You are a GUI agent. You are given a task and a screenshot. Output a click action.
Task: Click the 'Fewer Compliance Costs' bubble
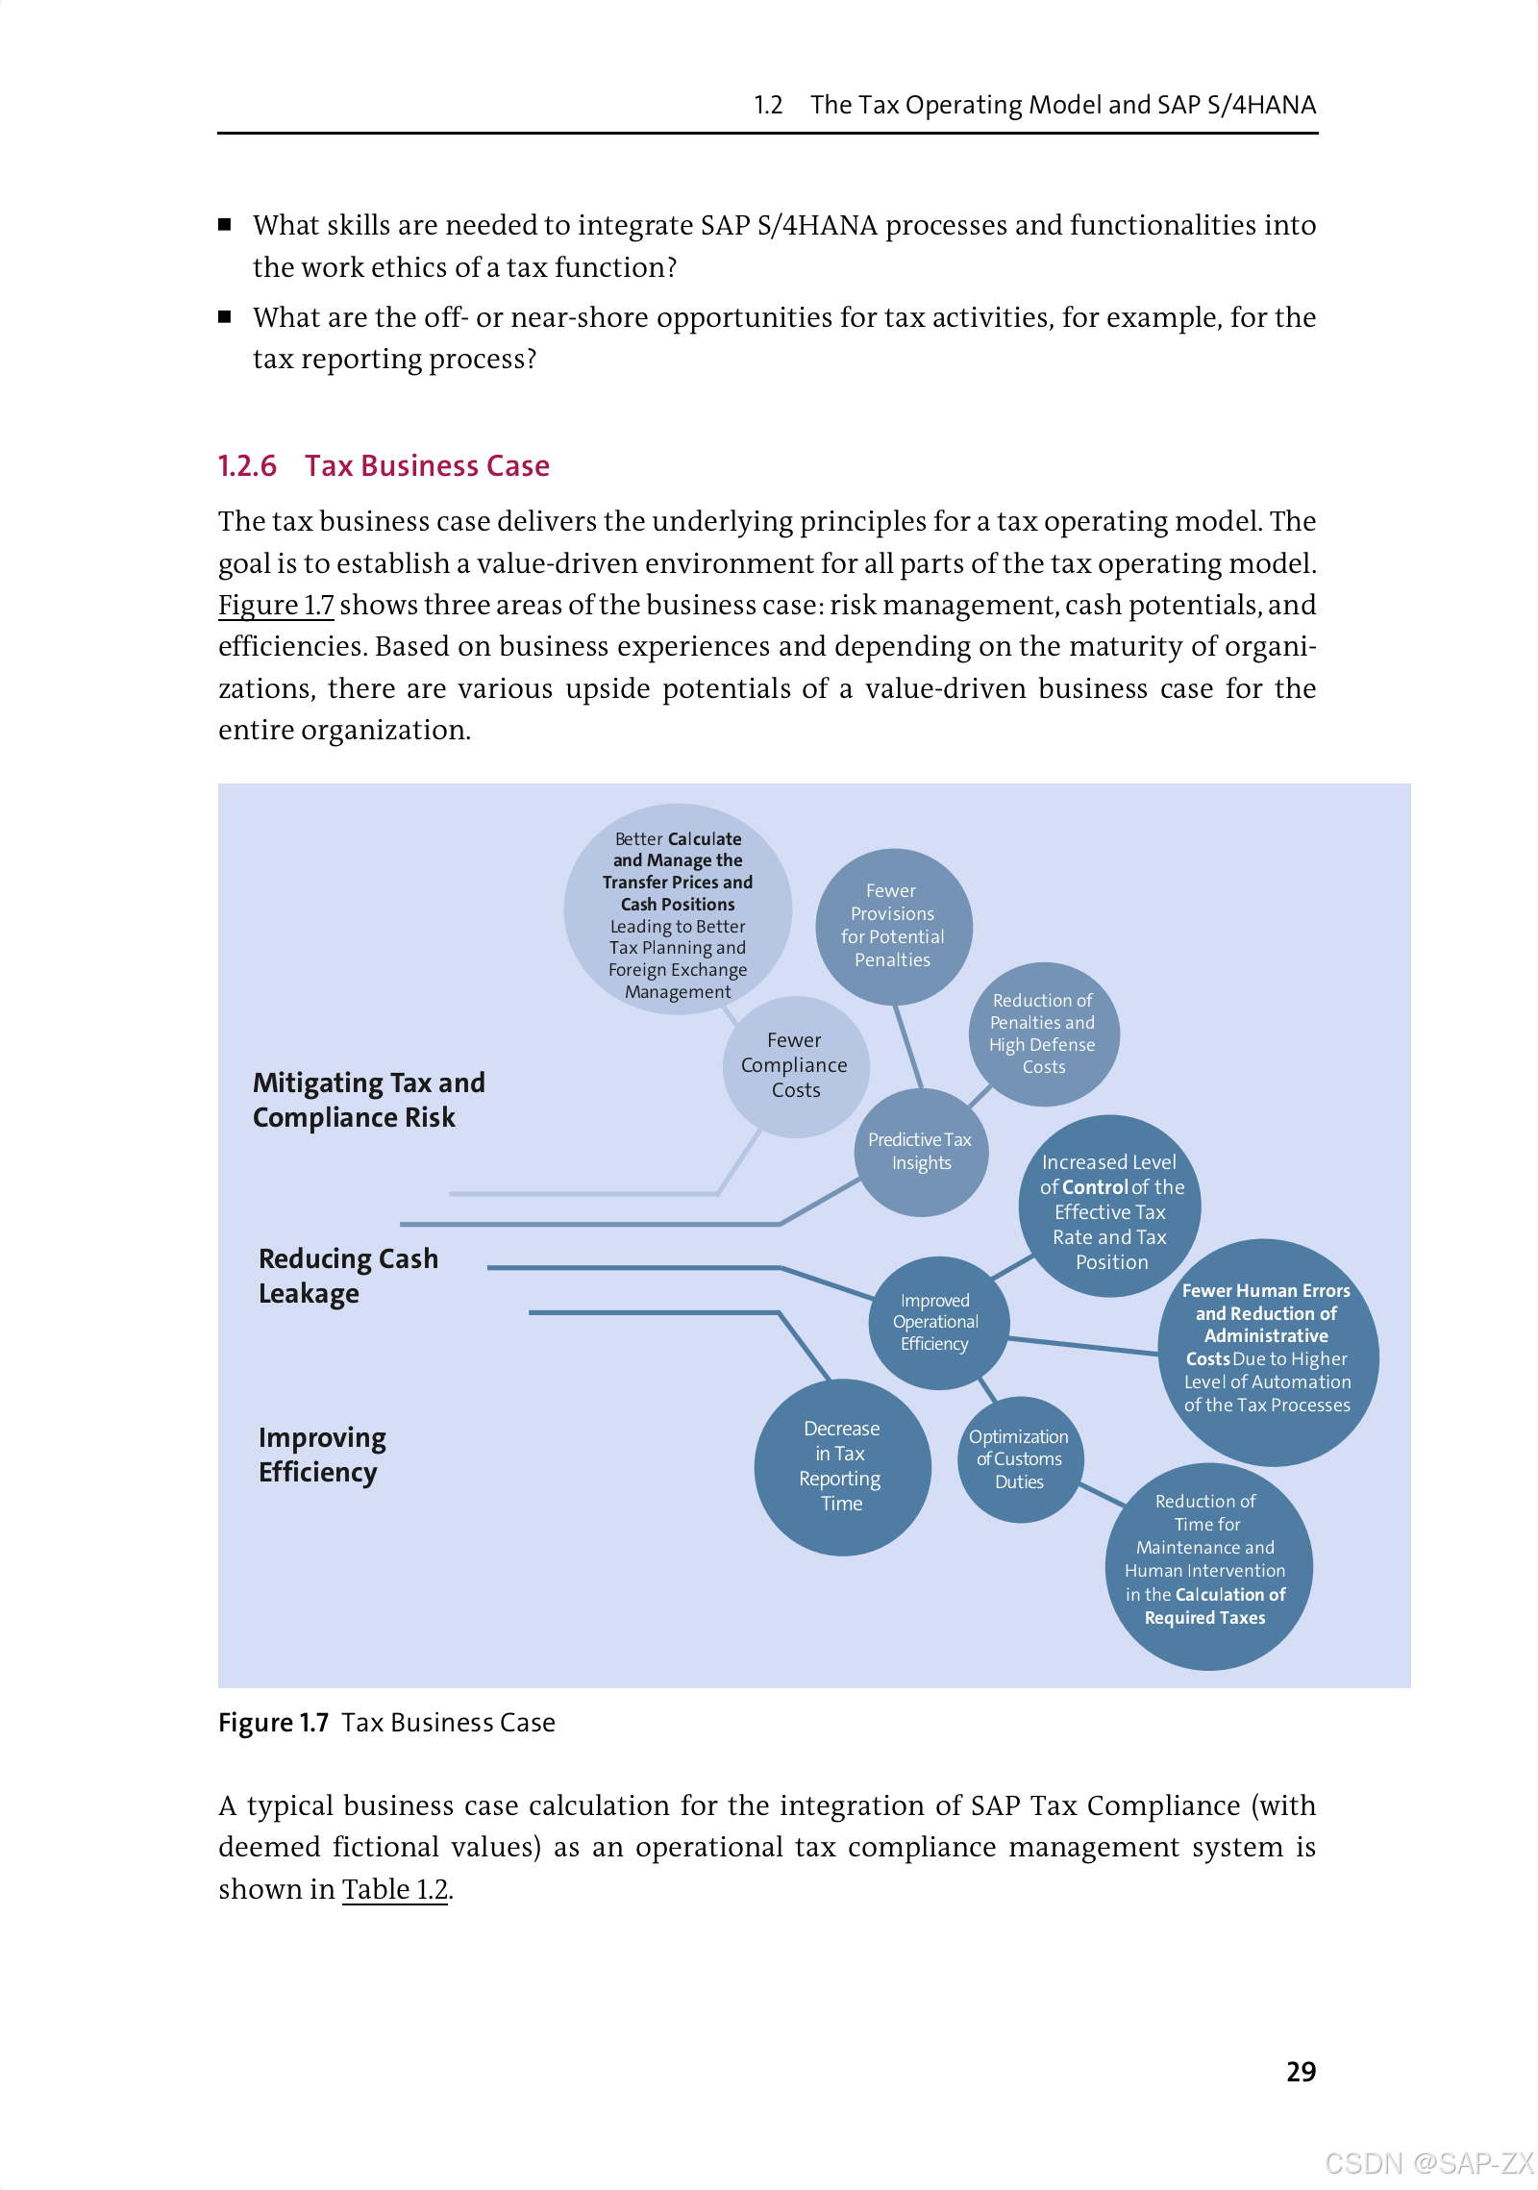coord(795,1065)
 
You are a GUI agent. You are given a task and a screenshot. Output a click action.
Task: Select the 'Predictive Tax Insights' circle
coord(921,1152)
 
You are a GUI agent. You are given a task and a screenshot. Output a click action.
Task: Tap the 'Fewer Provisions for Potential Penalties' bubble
coord(893,926)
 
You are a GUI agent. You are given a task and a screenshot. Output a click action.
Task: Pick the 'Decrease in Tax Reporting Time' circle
coord(842,1466)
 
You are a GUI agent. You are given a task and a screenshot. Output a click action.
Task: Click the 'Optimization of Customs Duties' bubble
coord(1020,1458)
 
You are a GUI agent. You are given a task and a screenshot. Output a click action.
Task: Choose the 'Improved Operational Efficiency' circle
coord(936,1322)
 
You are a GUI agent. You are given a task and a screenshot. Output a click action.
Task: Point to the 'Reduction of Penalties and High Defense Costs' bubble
coord(1044,1033)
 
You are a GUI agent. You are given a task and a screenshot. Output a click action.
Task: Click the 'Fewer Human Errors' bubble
coord(1268,1351)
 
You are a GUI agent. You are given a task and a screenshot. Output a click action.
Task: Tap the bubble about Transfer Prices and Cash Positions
coord(678,908)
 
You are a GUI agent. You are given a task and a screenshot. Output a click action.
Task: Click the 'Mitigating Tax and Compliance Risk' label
coord(368,1100)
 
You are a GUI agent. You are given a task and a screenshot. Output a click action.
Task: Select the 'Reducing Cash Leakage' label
coord(348,1276)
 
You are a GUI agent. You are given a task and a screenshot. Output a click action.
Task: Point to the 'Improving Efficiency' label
coord(322,1455)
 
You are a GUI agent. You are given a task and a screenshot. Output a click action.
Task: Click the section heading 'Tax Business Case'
coord(427,466)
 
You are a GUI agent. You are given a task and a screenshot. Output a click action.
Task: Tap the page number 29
coord(1301,2072)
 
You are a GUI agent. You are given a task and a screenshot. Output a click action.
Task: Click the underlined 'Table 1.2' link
coord(395,1889)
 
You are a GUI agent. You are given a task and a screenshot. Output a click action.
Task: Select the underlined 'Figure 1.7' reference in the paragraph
coord(276,605)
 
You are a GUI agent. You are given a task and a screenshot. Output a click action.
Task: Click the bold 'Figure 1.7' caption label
coord(274,1723)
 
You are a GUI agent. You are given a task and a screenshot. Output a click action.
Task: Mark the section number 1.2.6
coord(247,466)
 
